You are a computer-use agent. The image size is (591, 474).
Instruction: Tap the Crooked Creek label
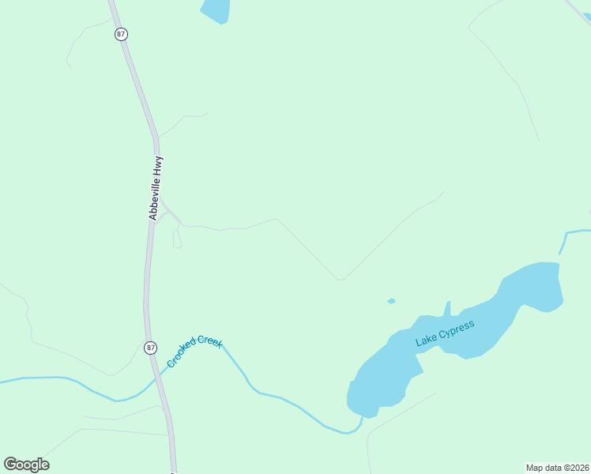[194, 352]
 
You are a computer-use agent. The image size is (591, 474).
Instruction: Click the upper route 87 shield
[120, 34]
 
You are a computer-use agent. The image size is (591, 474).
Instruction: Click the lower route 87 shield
[150, 348]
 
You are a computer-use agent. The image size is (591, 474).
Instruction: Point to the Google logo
[26, 464]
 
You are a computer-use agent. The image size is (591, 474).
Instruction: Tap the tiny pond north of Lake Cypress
[391, 301]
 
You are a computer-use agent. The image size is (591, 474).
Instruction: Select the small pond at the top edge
[215, 10]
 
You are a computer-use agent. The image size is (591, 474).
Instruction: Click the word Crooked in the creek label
[181, 358]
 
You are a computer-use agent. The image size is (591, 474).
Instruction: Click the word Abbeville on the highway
[156, 197]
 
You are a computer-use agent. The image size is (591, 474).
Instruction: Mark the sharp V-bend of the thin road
[341, 279]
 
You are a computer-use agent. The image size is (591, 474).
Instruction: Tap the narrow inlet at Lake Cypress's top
[447, 307]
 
